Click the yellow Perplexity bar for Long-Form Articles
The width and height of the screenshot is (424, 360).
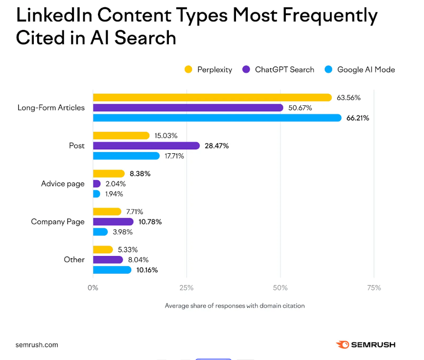click(x=212, y=97)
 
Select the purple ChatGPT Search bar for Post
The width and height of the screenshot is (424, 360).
click(x=146, y=145)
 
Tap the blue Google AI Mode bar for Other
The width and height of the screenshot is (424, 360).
click(x=112, y=270)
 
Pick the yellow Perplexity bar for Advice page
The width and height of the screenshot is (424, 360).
click(x=109, y=173)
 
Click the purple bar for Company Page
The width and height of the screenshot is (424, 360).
click(x=113, y=221)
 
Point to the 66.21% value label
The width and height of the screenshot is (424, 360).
click(x=357, y=118)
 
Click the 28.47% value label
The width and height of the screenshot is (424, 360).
click(x=217, y=145)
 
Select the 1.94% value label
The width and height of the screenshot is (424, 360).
click(x=115, y=194)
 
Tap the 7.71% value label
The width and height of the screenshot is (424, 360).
click(x=134, y=212)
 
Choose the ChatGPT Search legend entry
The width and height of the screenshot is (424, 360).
click(x=278, y=70)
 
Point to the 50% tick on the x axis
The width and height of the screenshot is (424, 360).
click(x=280, y=288)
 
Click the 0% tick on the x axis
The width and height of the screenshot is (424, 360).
click(x=93, y=288)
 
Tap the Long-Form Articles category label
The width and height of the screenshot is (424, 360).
click(x=51, y=107)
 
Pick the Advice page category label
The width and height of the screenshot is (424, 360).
click(x=63, y=184)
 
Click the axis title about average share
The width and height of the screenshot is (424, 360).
click(x=235, y=306)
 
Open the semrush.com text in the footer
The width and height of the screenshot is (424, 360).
click(x=37, y=345)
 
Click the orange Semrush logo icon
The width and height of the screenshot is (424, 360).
click(x=343, y=345)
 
